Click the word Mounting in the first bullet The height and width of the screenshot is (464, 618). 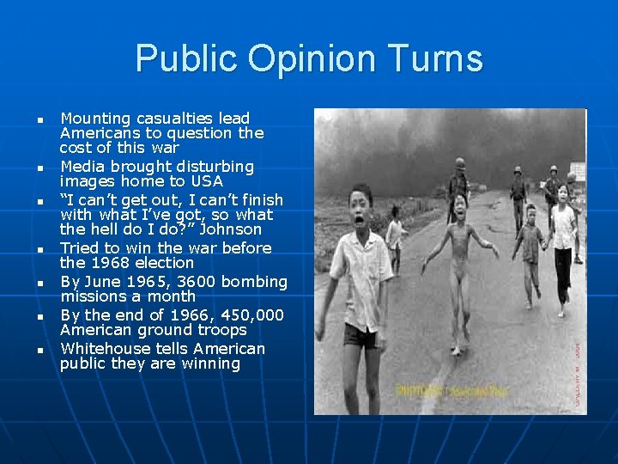click(x=94, y=118)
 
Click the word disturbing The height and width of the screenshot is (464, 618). click(x=215, y=166)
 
